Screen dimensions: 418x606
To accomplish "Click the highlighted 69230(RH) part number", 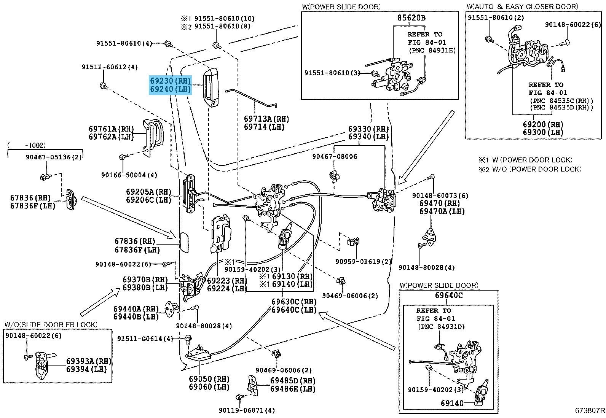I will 170,81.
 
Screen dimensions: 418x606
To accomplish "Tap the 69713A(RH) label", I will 267,119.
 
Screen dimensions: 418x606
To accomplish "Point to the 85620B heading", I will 411,17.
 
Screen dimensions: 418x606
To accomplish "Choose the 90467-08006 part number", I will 335,156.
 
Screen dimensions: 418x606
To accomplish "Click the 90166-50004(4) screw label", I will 129,175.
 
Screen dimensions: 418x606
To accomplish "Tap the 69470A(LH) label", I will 442,211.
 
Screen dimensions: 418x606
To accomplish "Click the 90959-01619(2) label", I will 364,262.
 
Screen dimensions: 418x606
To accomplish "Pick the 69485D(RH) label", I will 293,380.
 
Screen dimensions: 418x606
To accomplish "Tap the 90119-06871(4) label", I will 247,410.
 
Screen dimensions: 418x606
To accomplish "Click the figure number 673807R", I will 590,411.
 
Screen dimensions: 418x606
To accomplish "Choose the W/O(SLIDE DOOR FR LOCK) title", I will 51,324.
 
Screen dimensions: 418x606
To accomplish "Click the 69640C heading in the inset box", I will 449,296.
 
